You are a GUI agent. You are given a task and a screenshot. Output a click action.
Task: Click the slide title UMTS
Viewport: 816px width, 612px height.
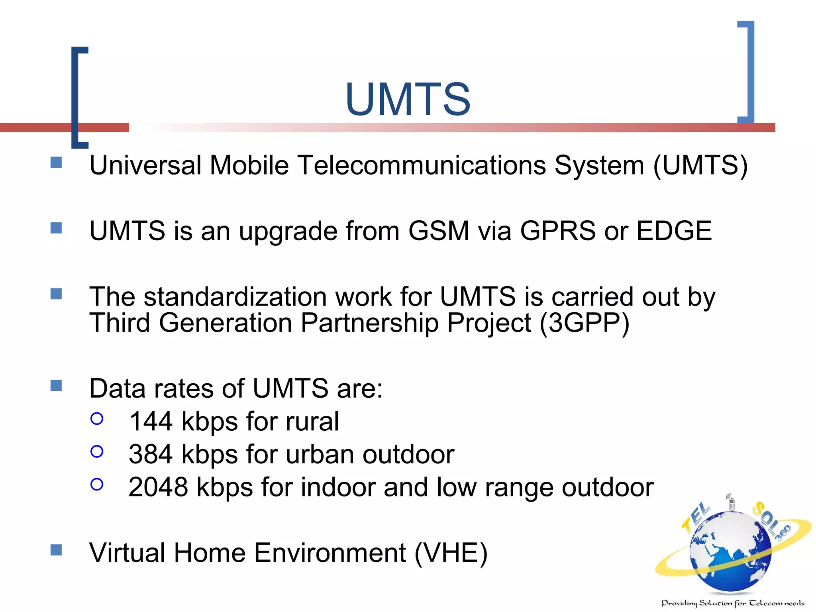(x=408, y=99)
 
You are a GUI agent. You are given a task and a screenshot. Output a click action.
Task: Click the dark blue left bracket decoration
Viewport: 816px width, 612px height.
(x=75, y=98)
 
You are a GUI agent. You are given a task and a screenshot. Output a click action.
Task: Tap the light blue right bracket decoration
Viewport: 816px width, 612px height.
(x=750, y=72)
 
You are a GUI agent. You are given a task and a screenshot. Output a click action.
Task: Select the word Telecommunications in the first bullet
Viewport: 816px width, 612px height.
(x=422, y=165)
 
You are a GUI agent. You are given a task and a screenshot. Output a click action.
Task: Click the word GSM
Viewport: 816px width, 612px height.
(x=439, y=231)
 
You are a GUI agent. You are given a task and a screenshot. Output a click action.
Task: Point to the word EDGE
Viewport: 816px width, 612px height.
(x=674, y=231)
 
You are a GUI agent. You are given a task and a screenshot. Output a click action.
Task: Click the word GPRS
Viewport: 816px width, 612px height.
(x=558, y=231)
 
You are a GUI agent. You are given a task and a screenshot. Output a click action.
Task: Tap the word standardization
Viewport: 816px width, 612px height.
(x=235, y=297)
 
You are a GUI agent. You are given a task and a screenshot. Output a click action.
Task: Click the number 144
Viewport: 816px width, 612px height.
(x=151, y=422)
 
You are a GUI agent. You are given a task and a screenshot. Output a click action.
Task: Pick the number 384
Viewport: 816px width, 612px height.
(x=151, y=454)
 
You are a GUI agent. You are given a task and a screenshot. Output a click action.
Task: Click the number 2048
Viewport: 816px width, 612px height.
(x=158, y=487)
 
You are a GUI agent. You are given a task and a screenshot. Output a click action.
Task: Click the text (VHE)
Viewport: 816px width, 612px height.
(x=451, y=553)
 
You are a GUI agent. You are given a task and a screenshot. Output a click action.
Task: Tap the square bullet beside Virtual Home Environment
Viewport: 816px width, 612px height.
(x=56, y=550)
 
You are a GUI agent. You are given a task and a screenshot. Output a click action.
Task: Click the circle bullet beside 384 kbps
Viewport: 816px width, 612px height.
(x=97, y=451)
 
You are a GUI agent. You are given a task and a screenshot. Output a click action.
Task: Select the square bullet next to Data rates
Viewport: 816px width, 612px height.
(x=56, y=385)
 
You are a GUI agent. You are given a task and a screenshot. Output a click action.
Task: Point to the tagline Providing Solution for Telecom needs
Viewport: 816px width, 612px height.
(x=732, y=603)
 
